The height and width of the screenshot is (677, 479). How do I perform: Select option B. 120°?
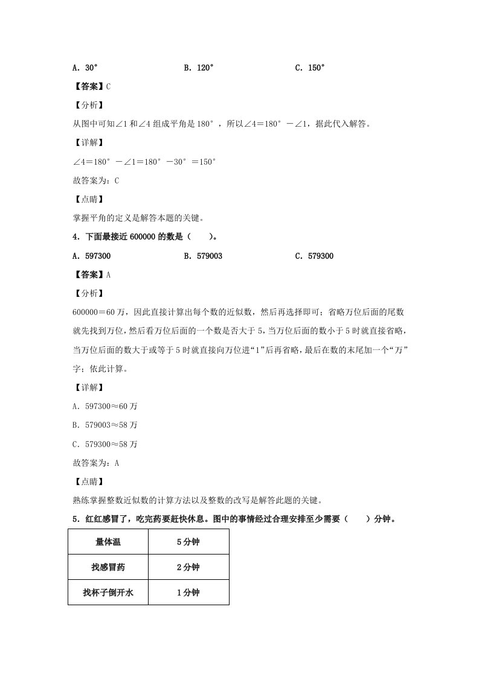(199, 68)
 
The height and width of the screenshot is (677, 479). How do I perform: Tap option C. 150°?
(310, 68)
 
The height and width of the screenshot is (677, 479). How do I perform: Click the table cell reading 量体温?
(108, 542)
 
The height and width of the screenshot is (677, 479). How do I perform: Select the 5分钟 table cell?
(188, 542)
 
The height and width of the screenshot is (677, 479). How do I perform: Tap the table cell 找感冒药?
(108, 567)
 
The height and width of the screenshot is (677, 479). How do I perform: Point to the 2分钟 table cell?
(188, 567)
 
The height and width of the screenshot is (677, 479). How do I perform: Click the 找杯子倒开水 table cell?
(108, 593)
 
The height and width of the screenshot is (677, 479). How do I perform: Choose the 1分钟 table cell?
(188, 593)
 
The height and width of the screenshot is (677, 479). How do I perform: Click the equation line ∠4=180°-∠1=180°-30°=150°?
(144, 162)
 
